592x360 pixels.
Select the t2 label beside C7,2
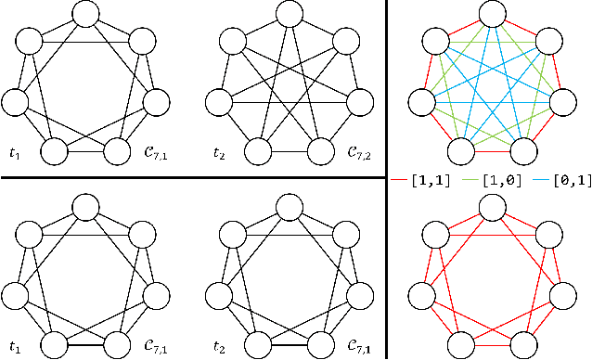[x=221, y=151]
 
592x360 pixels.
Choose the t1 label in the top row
[x=16, y=151]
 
